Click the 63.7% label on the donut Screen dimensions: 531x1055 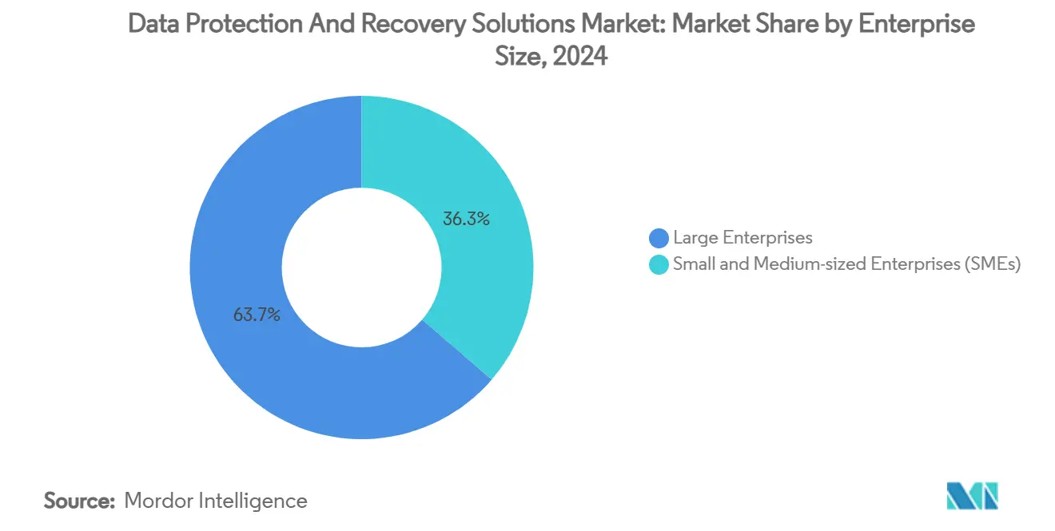(257, 315)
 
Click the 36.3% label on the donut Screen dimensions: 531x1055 (466, 218)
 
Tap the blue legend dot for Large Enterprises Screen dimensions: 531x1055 (659, 238)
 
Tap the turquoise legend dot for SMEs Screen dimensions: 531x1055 (659, 265)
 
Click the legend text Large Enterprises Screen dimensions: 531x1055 (742, 237)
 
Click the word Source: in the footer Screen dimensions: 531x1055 (79, 501)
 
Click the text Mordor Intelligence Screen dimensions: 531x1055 (216, 501)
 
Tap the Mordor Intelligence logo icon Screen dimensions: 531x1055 (971, 496)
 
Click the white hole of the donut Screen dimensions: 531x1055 (361, 267)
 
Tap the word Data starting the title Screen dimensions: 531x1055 (153, 25)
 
